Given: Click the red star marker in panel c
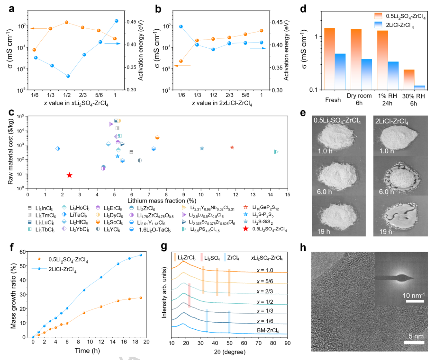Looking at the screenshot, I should tap(69, 175).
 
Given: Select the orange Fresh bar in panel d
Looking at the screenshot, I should tap(330, 59).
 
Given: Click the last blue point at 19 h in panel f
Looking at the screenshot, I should tap(141, 255).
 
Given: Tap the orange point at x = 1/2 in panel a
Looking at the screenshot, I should tap(66, 22).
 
